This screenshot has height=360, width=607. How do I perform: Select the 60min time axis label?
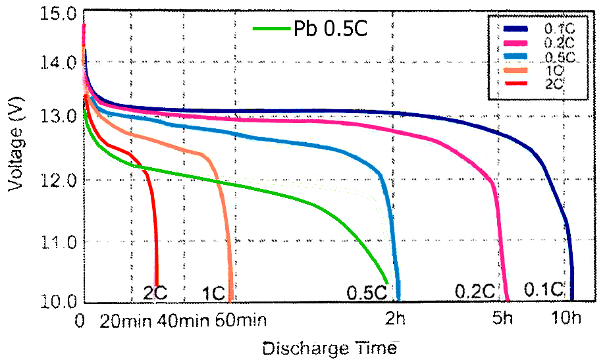tap(240, 321)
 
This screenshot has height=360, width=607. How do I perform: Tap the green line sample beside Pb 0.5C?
tap(272, 30)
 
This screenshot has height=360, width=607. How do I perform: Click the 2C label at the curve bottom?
tap(156, 292)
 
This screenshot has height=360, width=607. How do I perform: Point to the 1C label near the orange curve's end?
tap(214, 292)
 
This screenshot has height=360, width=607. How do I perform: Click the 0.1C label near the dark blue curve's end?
tap(544, 290)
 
